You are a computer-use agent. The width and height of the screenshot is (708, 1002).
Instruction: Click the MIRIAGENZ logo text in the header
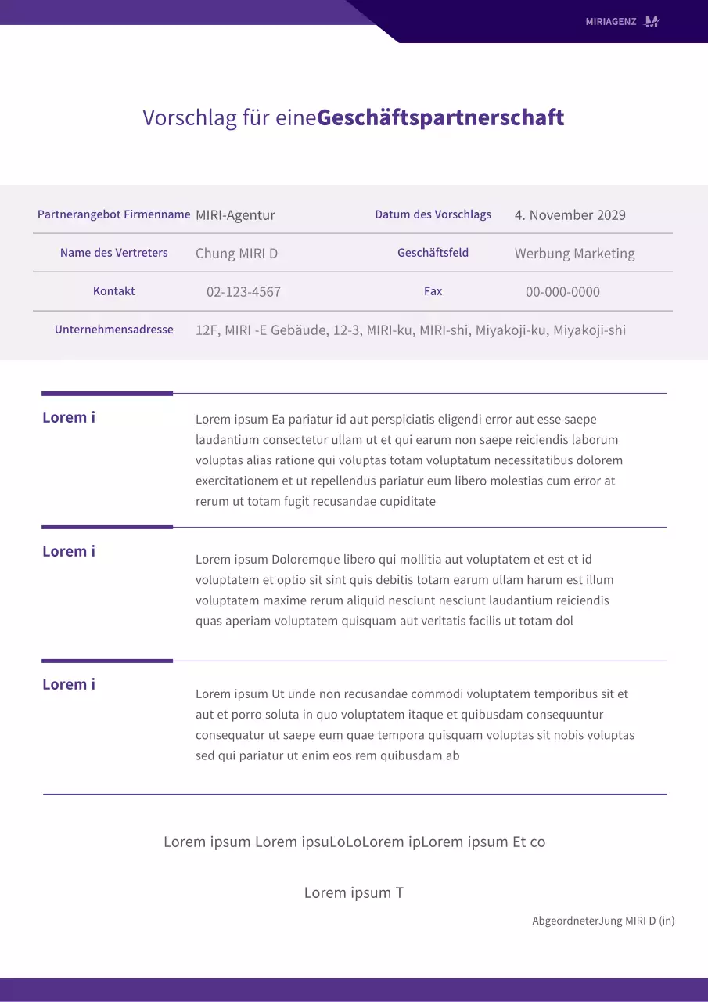pos(611,22)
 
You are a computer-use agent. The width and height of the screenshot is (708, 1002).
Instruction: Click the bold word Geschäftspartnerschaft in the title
pos(440,117)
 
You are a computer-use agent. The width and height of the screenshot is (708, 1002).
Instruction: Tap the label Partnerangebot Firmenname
pos(113,214)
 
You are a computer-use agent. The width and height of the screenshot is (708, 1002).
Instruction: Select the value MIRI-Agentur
pos(235,215)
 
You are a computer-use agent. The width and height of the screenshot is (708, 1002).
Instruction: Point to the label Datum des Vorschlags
pos(433,214)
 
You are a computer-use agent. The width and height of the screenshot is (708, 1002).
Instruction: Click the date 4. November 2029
pos(570,215)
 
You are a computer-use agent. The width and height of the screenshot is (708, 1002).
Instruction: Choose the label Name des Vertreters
pos(113,253)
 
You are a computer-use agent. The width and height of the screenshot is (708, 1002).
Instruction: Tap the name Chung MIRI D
pos(236,254)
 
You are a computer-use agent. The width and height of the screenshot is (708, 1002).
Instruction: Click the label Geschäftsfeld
pos(433,253)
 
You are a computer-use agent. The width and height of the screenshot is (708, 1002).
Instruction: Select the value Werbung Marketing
pos(574,254)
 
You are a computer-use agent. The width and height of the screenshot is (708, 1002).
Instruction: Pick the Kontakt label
pos(113,291)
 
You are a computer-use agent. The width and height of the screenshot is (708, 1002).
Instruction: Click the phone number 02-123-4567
pos(243,292)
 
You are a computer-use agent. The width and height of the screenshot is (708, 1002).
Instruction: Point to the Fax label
pos(433,291)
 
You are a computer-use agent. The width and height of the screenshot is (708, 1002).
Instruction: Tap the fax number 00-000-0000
pos(562,292)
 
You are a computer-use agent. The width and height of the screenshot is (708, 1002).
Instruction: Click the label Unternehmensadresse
pos(113,330)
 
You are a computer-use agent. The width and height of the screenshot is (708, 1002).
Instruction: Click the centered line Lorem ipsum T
pos(354,892)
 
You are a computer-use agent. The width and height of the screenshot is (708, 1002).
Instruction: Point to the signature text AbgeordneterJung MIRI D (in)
pos(603,921)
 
